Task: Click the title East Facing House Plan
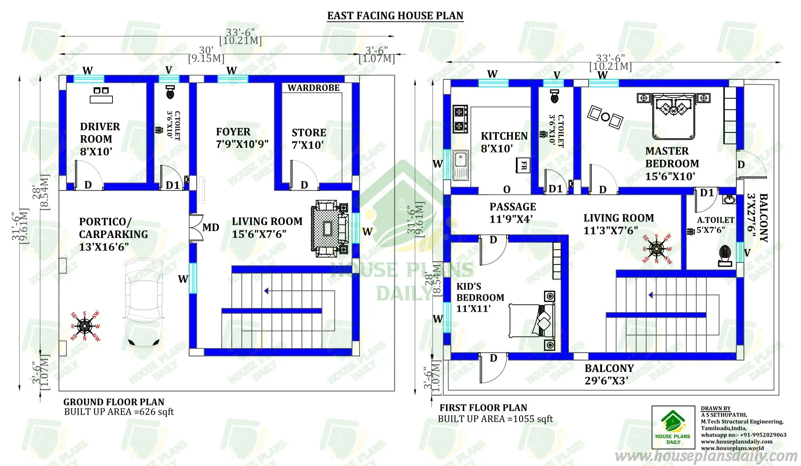coord(395,16)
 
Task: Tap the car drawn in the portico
coord(144,303)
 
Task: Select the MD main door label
coord(211,227)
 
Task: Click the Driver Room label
coord(100,139)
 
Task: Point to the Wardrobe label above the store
coord(313,88)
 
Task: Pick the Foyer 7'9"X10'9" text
coord(242,138)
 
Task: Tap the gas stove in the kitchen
coord(460,119)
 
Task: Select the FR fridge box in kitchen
coord(523,165)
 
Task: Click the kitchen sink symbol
coord(461,165)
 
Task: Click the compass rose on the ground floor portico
coord(85,326)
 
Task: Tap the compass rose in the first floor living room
coord(656,249)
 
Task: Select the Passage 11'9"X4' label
coord(512,213)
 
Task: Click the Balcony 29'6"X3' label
coord(609,374)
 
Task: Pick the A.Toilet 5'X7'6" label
coord(715,225)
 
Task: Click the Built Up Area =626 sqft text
coord(119,412)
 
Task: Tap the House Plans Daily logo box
coord(673,427)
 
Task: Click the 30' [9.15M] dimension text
coord(206,55)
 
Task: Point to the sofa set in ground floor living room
coord(329,228)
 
